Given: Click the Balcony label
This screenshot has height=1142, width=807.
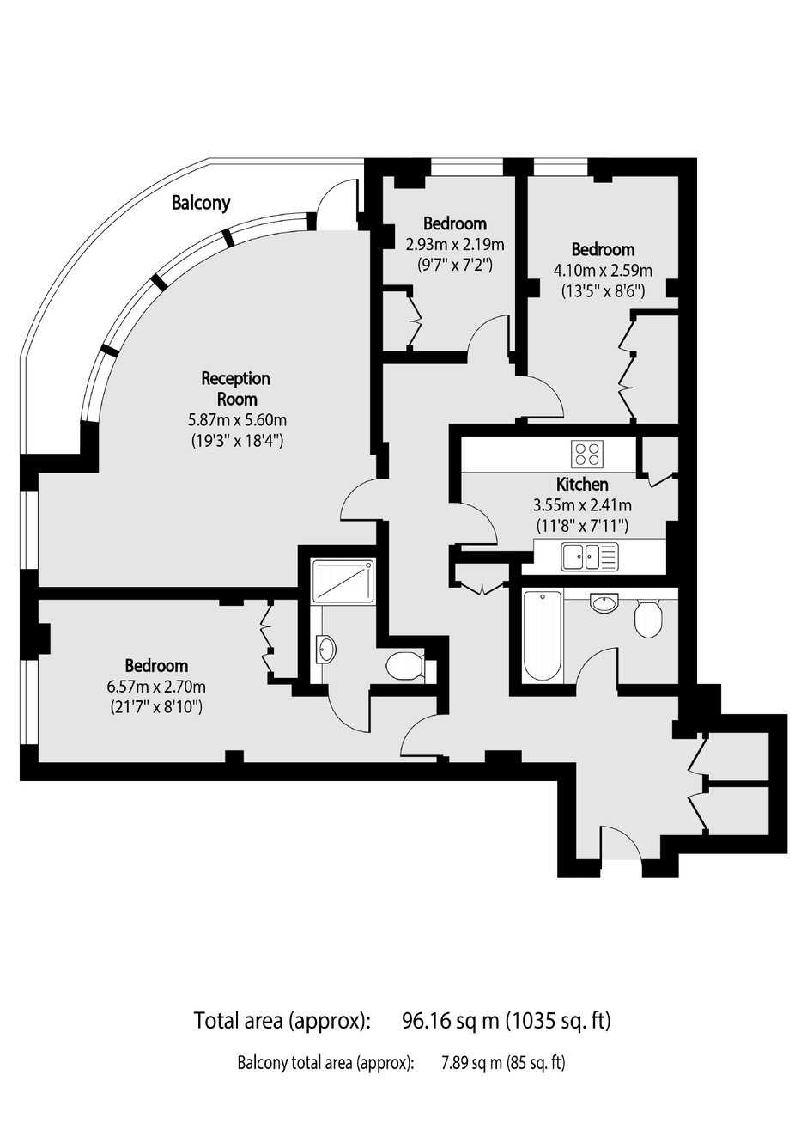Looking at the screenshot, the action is pyautogui.click(x=201, y=203).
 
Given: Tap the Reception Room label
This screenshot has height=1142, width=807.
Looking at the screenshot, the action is pyautogui.click(x=236, y=388).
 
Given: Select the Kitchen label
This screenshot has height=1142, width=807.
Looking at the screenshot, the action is pyautogui.click(x=582, y=483).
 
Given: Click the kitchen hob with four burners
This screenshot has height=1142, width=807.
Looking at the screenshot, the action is pyautogui.click(x=587, y=453).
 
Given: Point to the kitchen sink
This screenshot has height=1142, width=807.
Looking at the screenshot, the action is pyautogui.click(x=590, y=556).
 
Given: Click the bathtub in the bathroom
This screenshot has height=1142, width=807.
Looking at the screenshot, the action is pyautogui.click(x=543, y=635).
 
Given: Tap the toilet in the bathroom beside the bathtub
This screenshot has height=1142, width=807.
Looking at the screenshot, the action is pyautogui.click(x=648, y=619).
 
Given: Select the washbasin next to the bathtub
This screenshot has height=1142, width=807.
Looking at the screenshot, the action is pyautogui.click(x=604, y=602).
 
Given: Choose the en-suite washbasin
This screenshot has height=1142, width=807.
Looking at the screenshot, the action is pyautogui.click(x=325, y=649).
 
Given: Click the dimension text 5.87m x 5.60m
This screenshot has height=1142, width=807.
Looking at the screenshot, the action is pyautogui.click(x=238, y=420).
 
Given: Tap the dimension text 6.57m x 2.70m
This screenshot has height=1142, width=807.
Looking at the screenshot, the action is pyautogui.click(x=156, y=687).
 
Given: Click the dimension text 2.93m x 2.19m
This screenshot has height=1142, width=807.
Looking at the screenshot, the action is pyautogui.click(x=455, y=245).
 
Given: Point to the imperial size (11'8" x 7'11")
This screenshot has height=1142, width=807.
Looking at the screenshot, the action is pyautogui.click(x=582, y=525).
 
